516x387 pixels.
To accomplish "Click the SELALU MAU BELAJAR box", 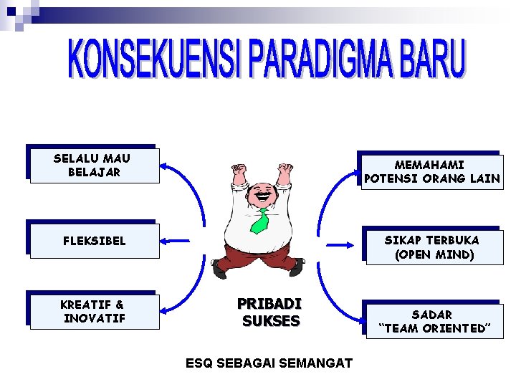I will click(92, 166).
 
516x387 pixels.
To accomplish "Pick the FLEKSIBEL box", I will click(92, 240).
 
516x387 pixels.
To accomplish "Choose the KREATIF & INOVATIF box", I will click(92, 311).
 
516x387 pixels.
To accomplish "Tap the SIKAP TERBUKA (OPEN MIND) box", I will click(431, 247).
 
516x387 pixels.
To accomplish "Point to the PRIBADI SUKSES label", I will click(270, 312).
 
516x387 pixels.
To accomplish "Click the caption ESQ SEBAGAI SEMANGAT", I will click(269, 363).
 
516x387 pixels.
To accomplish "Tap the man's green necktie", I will click(259, 220).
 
